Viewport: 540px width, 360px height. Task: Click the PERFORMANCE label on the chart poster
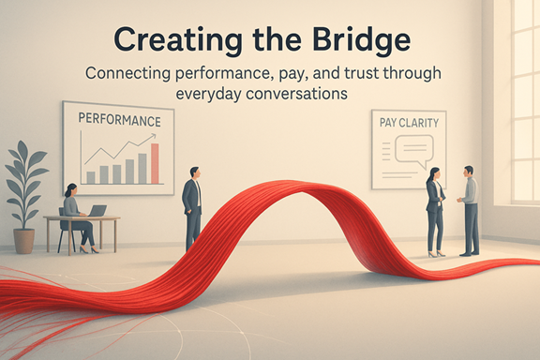tap(119, 121)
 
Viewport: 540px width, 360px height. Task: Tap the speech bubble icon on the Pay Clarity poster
tap(412, 148)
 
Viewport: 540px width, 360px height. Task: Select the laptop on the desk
tap(97, 210)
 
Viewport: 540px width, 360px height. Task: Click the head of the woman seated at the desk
tap(69, 190)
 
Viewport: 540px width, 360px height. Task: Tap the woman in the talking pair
tap(436, 211)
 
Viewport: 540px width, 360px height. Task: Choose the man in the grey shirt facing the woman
tap(469, 208)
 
